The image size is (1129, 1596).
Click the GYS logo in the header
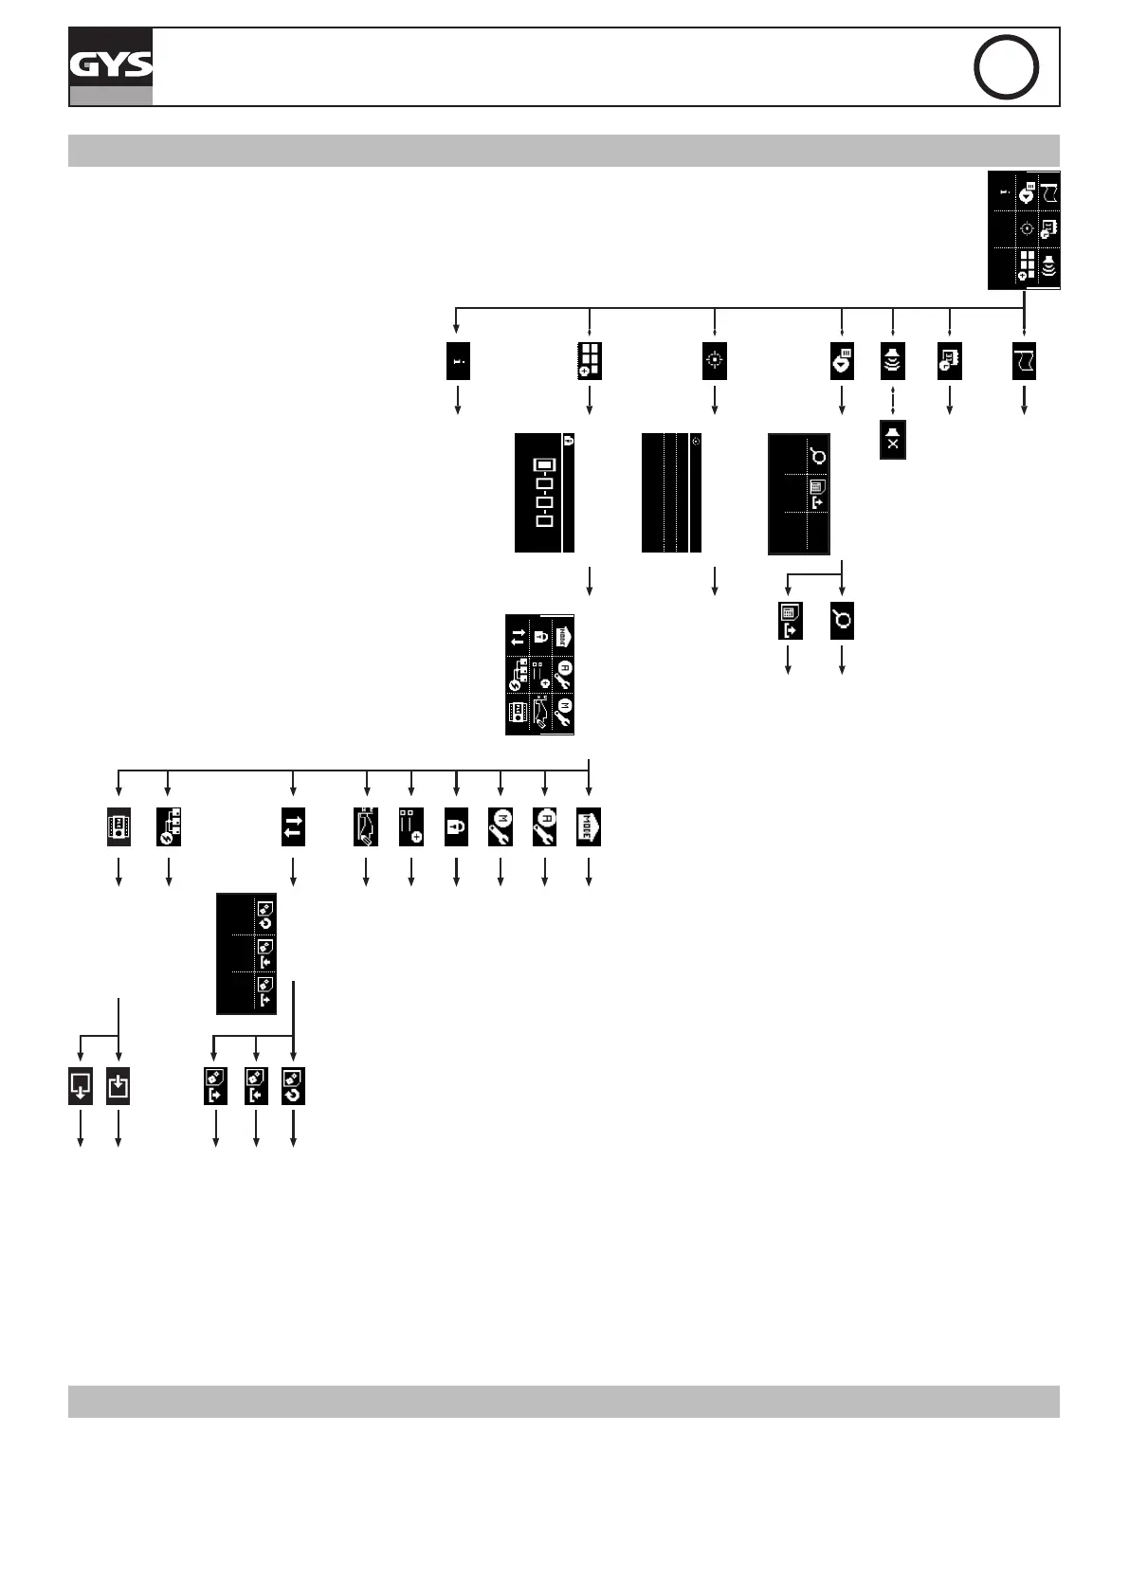point(110,64)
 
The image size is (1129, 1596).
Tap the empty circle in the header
point(1006,66)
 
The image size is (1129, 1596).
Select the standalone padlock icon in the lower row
point(456,826)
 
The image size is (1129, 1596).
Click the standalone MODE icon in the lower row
point(589,826)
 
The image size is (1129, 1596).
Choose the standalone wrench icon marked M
point(500,826)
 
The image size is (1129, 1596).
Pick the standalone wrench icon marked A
point(544,826)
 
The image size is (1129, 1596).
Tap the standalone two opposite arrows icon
point(293,826)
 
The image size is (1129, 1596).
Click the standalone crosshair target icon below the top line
point(714,361)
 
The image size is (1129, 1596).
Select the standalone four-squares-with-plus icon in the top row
point(590,361)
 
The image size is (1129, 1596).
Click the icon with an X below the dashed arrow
point(893,440)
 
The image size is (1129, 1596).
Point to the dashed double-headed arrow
point(893,399)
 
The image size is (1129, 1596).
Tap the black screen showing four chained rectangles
point(545,492)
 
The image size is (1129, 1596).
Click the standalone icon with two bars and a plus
point(410,826)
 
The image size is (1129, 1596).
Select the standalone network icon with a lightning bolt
point(169,826)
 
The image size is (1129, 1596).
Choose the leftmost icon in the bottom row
point(81,1086)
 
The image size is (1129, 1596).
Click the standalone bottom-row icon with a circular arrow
point(293,1086)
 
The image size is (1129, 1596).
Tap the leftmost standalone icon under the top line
point(458,361)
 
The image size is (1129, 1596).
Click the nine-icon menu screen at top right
point(1024,230)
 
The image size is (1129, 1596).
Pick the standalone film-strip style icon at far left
point(118,826)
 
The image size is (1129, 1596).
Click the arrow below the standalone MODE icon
point(590,871)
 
